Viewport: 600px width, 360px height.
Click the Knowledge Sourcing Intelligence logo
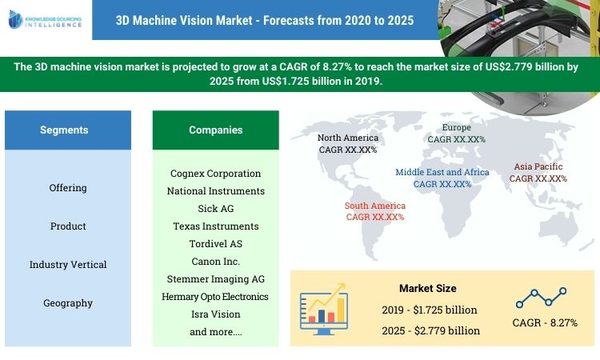pyautogui.click(x=45, y=20)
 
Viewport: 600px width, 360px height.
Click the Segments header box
pyautogui.click(x=64, y=130)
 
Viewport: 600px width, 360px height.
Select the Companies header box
pyautogui.click(x=215, y=130)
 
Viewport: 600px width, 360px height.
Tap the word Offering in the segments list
pyautogui.click(x=68, y=188)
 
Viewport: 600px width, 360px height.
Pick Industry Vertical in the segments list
pyautogui.click(x=68, y=265)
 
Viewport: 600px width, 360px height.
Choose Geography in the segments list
pyautogui.click(x=68, y=303)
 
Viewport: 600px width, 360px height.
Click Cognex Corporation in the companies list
pyautogui.click(x=216, y=173)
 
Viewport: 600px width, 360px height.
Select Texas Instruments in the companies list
pyautogui.click(x=216, y=226)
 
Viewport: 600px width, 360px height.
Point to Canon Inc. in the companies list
pyautogui.click(x=216, y=262)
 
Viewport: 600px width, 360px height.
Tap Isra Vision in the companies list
pyautogui.click(x=216, y=314)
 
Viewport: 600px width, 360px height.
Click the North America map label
pyautogui.click(x=348, y=143)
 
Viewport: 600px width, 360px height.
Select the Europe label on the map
pyautogui.click(x=457, y=133)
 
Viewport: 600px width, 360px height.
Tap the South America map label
pyautogui.click(x=375, y=211)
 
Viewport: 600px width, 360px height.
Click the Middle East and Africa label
pyautogui.click(x=442, y=178)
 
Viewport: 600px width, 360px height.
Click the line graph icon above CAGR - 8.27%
pyautogui.click(x=541, y=298)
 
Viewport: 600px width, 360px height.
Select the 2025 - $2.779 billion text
pyautogui.click(x=431, y=330)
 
